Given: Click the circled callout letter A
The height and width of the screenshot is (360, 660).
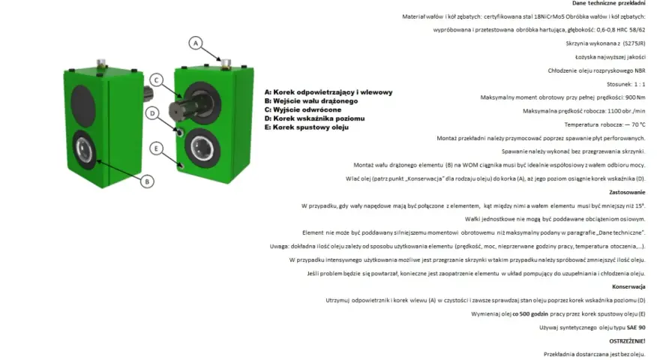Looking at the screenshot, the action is point(195,43).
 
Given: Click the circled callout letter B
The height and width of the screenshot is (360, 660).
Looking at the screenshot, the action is point(147,181).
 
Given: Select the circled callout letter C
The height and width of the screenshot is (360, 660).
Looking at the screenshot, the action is point(157,80).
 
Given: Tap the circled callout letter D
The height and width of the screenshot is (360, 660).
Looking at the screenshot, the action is point(152,113).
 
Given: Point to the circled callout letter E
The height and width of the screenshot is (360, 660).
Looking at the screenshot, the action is point(156,148).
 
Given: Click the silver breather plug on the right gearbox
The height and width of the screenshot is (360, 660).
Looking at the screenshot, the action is point(226,64).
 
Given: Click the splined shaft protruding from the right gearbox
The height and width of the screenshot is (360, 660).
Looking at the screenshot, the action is point(184,107).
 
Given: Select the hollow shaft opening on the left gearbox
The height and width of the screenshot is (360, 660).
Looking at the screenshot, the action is point(84,150).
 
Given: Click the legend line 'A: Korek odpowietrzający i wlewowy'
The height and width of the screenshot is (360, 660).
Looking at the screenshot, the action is point(328,92).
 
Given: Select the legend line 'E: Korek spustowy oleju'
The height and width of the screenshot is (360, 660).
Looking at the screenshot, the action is point(307,127).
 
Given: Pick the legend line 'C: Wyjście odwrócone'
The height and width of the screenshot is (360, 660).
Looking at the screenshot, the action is point(303,109).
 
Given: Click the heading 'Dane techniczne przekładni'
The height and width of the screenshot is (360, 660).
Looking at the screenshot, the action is point(609,3).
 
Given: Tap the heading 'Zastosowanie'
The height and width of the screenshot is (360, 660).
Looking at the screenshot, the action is point(627,193).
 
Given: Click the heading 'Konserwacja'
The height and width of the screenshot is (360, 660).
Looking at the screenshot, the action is point(628,286).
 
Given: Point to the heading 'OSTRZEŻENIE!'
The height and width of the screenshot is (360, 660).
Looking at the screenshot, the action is point(627,341).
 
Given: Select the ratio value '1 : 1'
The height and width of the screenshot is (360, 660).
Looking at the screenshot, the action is point(640,84).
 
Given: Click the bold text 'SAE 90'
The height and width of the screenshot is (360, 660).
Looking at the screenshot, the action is point(636,328).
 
